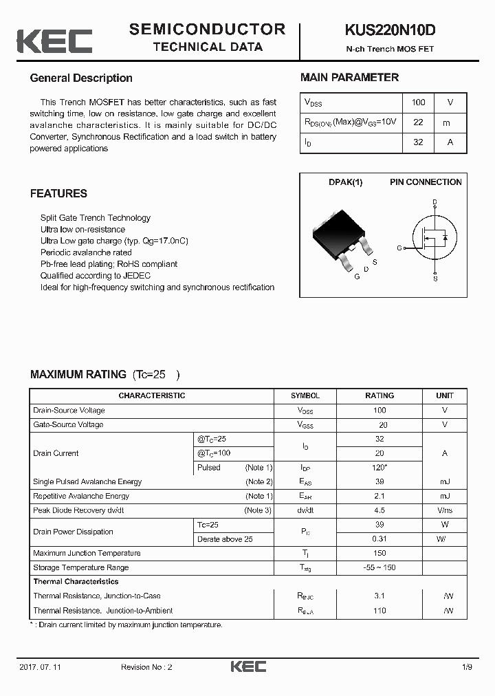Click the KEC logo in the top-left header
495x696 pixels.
(x=54, y=41)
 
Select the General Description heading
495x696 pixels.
(x=81, y=78)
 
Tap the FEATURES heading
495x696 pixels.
(x=58, y=194)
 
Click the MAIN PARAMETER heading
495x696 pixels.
(x=349, y=78)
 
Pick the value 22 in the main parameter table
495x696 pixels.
(x=418, y=122)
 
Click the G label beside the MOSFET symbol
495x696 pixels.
(x=399, y=248)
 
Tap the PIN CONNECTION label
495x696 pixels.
(x=426, y=182)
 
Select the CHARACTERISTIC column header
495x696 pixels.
(x=151, y=396)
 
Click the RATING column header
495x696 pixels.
(x=379, y=396)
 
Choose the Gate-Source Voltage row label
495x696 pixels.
(x=68, y=425)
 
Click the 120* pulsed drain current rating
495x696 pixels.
(x=379, y=468)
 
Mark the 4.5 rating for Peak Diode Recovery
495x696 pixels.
(x=379, y=511)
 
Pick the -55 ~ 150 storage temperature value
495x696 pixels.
(x=379, y=568)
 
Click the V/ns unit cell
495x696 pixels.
(x=445, y=511)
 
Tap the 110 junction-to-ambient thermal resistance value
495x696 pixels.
(x=379, y=611)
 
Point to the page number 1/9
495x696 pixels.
(x=467, y=667)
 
